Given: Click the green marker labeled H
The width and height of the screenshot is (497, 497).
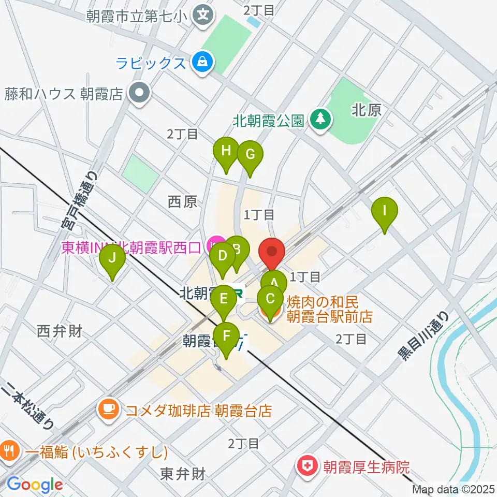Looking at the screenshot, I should pyautogui.click(x=226, y=151).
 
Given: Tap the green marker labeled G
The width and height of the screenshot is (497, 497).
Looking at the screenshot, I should pyautogui.click(x=250, y=154).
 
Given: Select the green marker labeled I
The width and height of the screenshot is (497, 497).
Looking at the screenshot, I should pyautogui.click(x=384, y=211).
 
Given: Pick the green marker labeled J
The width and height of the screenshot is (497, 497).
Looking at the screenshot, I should pyautogui.click(x=112, y=257).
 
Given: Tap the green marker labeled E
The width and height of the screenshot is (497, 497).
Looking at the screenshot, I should pyautogui.click(x=224, y=299).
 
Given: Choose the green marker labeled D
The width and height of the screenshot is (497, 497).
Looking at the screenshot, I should pyautogui.click(x=223, y=256).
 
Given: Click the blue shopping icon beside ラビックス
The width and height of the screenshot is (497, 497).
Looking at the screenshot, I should pyautogui.click(x=201, y=63).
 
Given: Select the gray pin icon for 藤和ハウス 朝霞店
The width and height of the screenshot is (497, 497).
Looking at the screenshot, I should pyautogui.click(x=139, y=93).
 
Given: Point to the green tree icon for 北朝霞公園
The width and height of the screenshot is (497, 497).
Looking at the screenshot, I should pyautogui.click(x=319, y=121).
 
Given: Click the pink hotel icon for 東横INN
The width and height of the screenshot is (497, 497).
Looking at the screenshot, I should pyautogui.click(x=214, y=244).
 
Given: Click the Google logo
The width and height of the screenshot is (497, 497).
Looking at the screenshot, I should pyautogui.click(x=35, y=485).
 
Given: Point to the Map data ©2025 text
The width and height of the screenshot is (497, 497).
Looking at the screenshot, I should pyautogui.click(x=454, y=489).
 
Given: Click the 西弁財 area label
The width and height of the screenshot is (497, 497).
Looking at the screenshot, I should pyautogui.click(x=60, y=331).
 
